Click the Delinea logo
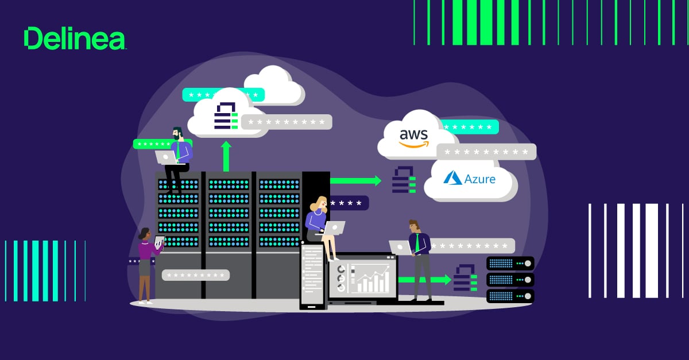click(x=74, y=38)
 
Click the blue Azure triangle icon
click(x=453, y=178)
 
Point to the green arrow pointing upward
click(x=226, y=156)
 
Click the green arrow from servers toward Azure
click(x=356, y=181)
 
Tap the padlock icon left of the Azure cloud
click(x=404, y=180)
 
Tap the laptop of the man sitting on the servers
click(x=166, y=157)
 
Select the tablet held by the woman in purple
click(x=159, y=241)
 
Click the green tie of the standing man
click(x=417, y=242)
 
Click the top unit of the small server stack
click(x=510, y=264)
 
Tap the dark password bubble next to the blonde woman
click(x=349, y=203)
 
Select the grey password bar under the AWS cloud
click(x=486, y=152)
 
